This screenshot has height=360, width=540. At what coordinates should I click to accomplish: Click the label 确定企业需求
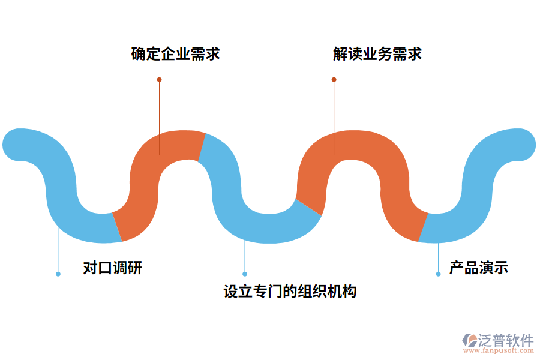click(176, 54)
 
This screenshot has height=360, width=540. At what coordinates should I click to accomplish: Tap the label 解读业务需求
click(377, 54)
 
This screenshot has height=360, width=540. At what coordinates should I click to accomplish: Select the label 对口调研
click(113, 268)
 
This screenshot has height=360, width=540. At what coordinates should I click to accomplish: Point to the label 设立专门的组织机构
click(290, 292)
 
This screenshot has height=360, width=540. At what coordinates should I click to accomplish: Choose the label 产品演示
click(479, 268)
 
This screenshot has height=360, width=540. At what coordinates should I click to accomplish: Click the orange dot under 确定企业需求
click(159, 79)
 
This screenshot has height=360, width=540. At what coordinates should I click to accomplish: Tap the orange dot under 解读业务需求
click(334, 79)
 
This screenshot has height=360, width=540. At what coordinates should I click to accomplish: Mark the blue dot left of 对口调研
click(58, 274)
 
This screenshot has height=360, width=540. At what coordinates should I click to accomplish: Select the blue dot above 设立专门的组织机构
click(245, 274)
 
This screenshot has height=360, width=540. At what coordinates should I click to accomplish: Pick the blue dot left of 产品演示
click(438, 274)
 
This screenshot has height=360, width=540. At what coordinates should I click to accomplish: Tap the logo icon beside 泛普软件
click(469, 340)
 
